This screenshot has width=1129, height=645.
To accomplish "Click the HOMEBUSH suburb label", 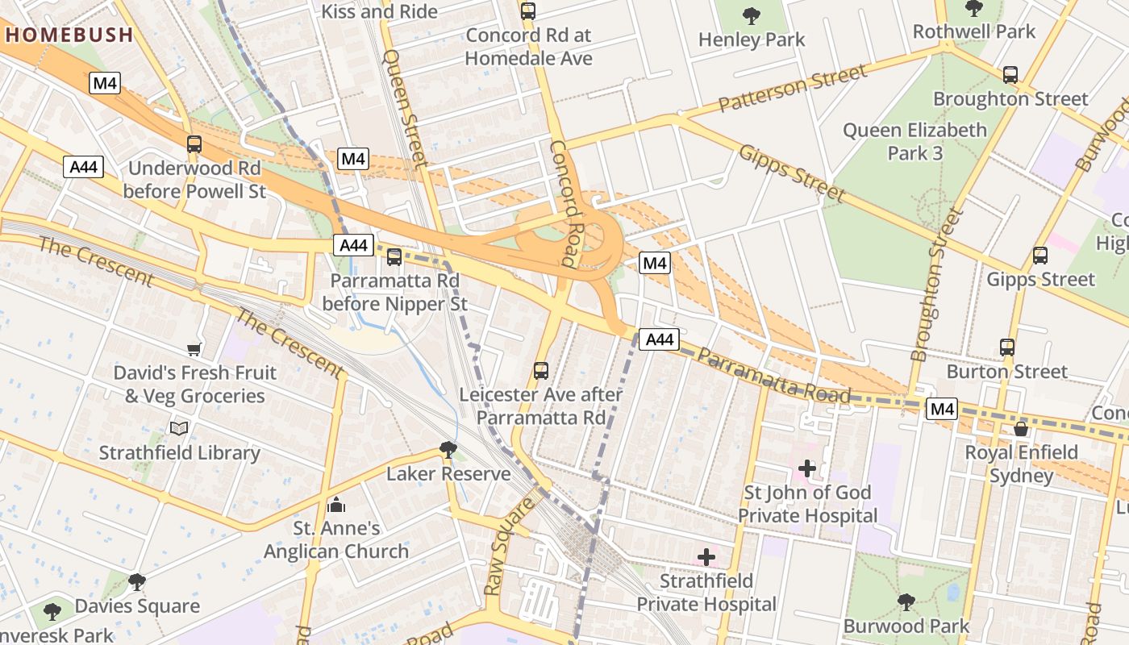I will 69,35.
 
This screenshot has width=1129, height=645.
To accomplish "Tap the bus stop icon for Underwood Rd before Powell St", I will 194,144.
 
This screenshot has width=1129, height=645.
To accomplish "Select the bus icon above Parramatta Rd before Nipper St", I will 394,257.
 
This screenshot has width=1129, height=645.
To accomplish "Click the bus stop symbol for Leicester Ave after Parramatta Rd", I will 540,371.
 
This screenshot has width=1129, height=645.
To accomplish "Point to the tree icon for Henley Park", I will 752,15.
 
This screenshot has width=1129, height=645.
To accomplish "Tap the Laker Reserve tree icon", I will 448,449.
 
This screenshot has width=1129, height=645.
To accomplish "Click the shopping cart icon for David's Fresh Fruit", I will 194,349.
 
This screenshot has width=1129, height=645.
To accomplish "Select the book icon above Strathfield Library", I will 179,428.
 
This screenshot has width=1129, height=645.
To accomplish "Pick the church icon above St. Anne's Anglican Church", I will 336,505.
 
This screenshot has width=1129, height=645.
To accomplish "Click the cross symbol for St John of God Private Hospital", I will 806,468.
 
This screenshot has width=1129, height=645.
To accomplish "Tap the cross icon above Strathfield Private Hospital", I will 706,556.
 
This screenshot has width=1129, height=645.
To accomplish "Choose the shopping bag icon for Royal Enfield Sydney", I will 1021,428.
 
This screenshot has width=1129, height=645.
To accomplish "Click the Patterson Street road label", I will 793,88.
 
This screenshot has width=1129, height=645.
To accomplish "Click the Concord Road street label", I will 566,203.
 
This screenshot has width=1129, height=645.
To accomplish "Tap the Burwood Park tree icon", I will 906,601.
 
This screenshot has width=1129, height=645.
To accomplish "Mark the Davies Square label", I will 137,605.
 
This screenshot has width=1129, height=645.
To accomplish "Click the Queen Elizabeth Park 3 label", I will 914,141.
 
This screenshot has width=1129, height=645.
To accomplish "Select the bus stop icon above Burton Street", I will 1006,347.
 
